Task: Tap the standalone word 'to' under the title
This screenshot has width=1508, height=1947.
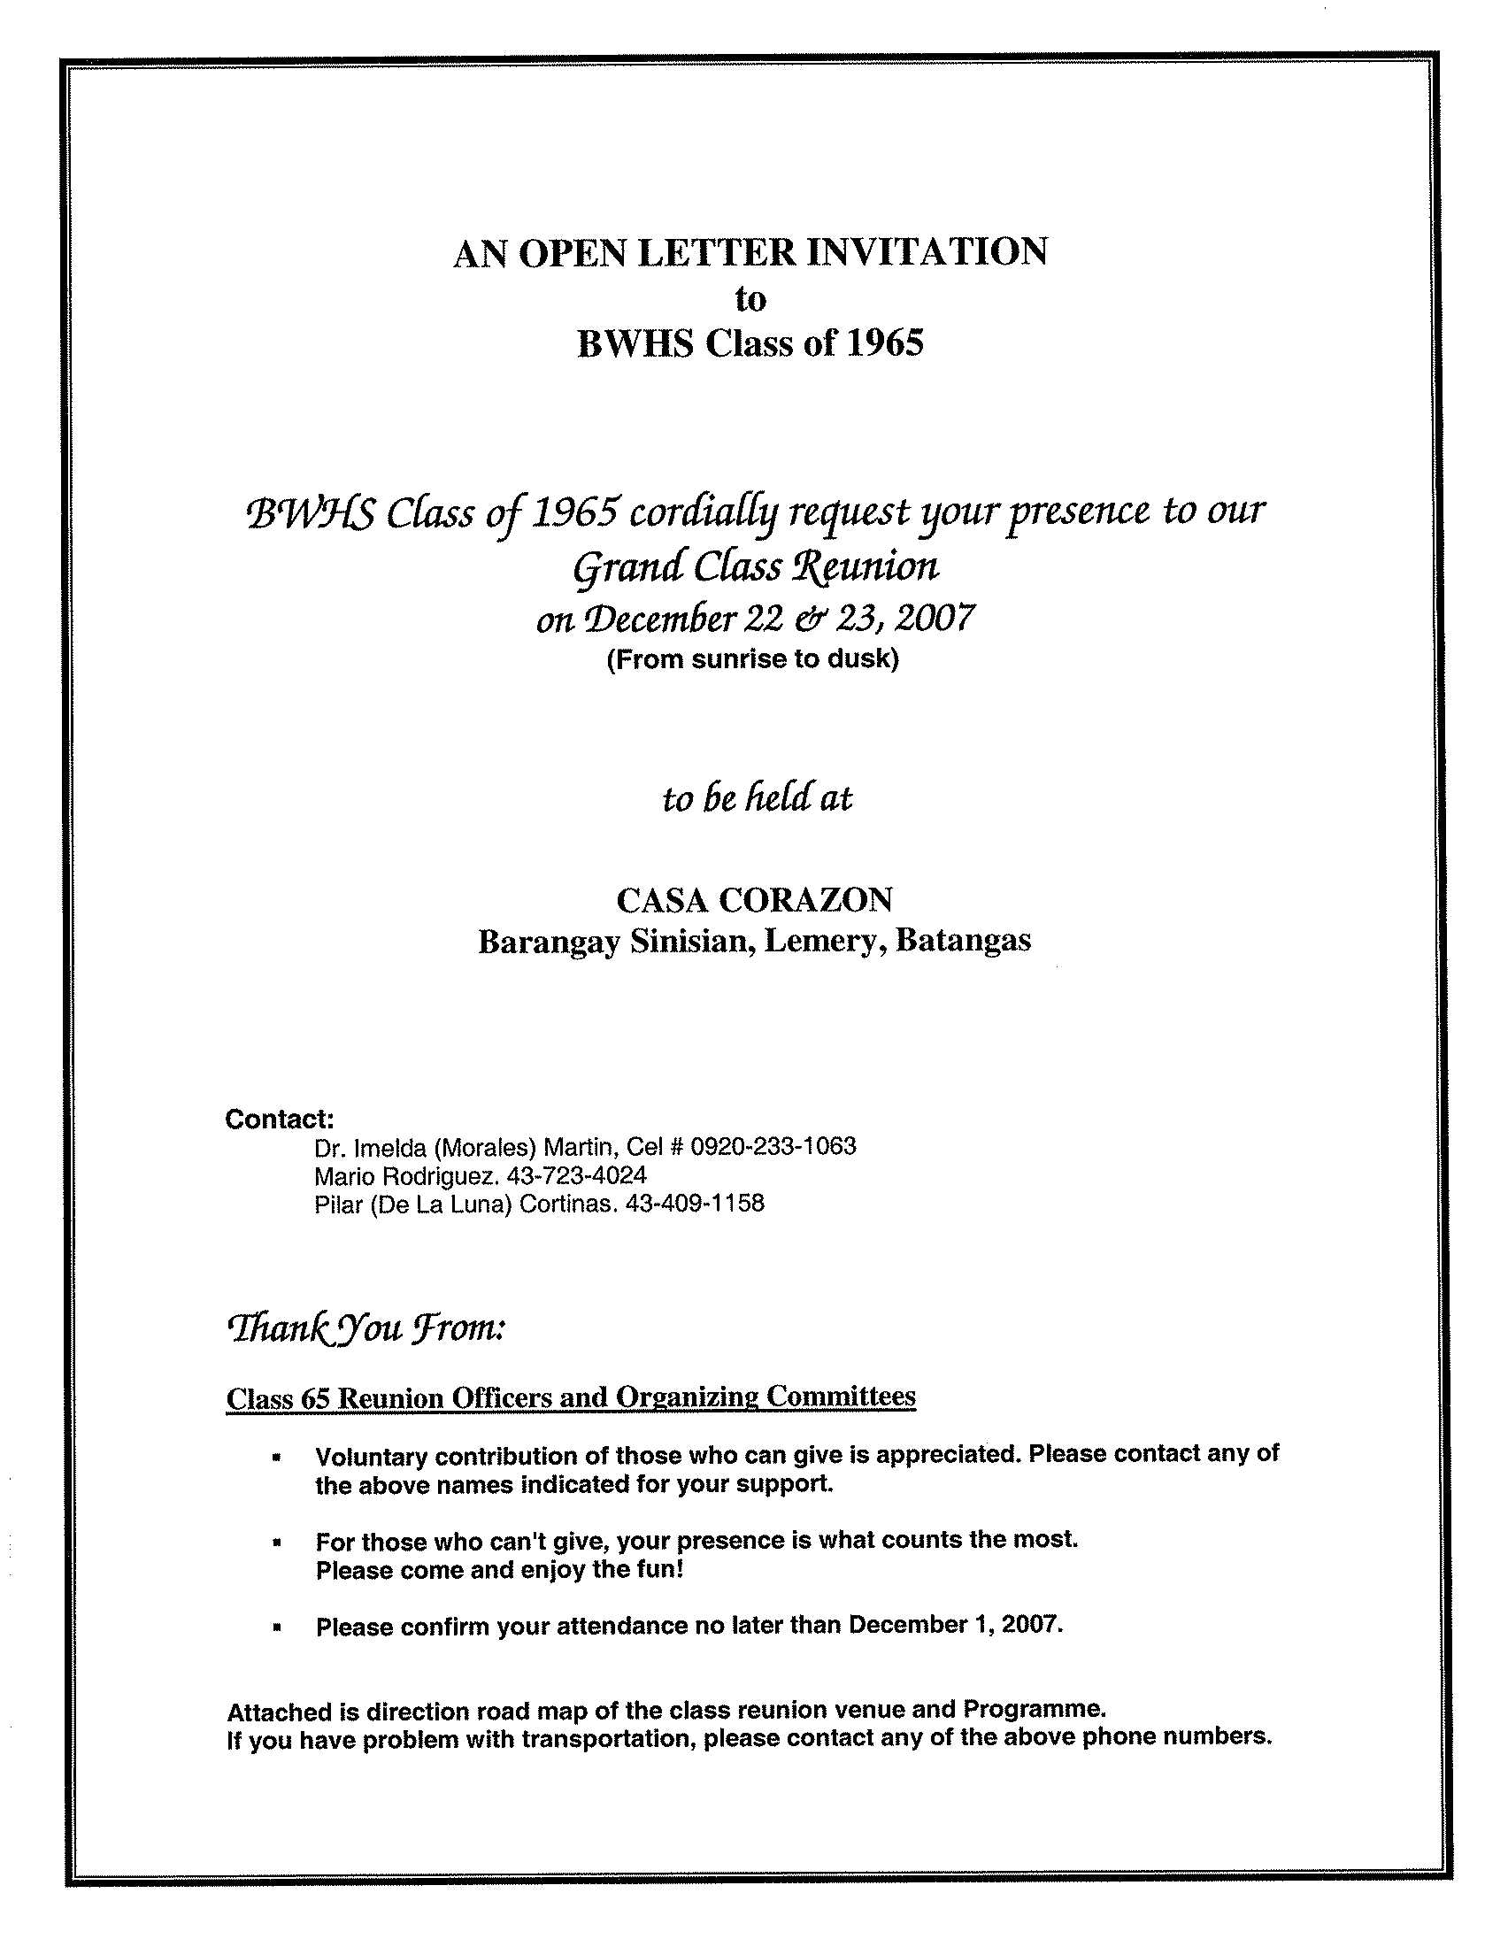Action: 750,298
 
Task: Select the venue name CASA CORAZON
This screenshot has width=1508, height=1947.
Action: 754,900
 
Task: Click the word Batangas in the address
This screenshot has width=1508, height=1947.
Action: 963,941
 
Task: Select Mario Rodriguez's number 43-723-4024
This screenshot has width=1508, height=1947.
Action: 576,1175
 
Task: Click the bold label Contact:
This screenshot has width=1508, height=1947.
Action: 279,1119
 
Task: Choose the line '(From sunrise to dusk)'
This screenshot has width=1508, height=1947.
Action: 753,660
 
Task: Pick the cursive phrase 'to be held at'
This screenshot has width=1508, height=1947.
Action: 757,797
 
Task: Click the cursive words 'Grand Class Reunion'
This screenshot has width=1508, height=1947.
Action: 755,566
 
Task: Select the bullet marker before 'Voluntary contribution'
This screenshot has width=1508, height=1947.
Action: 278,1458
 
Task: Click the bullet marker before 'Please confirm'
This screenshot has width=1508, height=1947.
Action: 278,1627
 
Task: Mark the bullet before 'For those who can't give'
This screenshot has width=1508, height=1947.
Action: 278,1542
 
